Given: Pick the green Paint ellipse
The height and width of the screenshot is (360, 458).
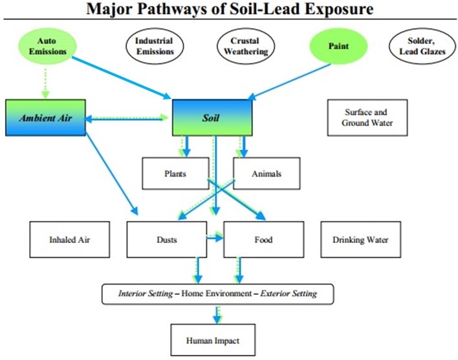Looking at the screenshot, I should tap(338, 46).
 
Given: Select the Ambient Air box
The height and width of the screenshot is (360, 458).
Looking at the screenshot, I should tap(45, 118).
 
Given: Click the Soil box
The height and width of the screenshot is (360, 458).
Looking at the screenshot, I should tap(212, 118).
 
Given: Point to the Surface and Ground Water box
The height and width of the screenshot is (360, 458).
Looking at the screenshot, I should tap(367, 117).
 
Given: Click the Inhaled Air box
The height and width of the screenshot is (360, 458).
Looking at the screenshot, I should tap(70, 240).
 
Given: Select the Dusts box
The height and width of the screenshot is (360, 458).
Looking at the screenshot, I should tap(167, 240).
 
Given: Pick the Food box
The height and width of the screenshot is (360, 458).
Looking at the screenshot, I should tap(263, 240).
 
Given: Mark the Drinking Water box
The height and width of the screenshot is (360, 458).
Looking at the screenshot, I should tap(361, 240).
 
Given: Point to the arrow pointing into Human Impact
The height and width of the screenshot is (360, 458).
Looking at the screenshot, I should tap(217, 313).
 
